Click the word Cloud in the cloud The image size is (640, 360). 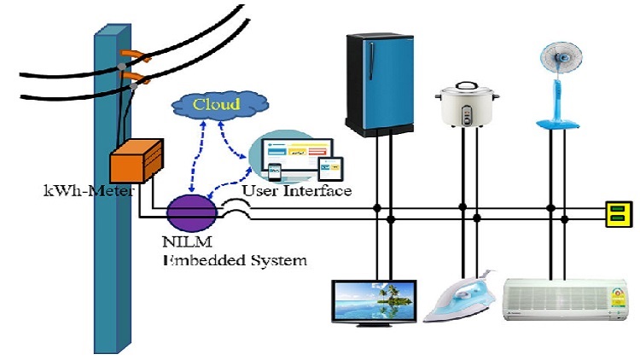216,104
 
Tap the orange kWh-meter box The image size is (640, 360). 137,161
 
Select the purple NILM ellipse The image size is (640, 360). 192,213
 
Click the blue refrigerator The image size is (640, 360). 380,84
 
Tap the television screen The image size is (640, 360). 375,302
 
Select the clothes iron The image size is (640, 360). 460,296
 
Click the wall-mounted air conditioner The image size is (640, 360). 565,299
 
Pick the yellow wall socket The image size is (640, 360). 619,214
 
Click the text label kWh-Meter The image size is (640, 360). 89,191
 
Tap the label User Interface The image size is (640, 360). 297,190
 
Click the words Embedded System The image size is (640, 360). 235,260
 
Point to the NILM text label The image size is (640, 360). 188,241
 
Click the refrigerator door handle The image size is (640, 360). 371,61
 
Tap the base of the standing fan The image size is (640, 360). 558,124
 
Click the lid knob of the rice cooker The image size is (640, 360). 466,85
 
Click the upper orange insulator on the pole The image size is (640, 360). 134,55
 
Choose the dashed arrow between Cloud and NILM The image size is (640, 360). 197,156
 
